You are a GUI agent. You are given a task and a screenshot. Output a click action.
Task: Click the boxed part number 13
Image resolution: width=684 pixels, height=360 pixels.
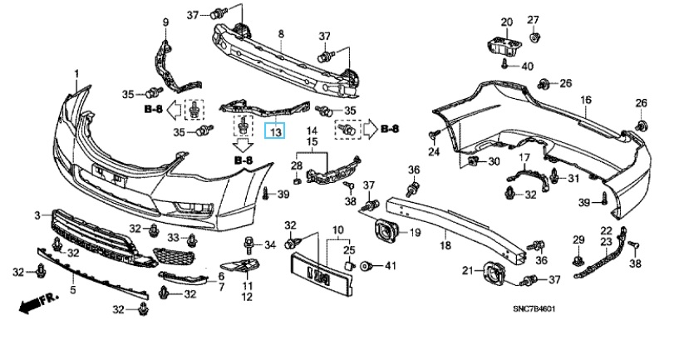coord(274,131)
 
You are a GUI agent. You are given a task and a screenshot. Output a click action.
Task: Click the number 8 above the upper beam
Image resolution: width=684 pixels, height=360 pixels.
coord(281,33)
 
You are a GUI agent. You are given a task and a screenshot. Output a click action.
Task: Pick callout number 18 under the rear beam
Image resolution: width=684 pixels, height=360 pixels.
coord(445,246)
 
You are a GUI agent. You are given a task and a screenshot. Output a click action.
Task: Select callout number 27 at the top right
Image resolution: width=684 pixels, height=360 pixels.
coord(534,19)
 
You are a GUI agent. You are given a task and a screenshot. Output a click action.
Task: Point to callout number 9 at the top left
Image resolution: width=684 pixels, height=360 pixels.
coord(165,21)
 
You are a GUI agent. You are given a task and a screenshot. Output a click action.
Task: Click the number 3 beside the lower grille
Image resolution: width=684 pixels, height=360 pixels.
coord(37,216)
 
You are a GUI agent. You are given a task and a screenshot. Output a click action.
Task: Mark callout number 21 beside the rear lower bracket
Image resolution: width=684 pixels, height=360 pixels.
coord(467,269)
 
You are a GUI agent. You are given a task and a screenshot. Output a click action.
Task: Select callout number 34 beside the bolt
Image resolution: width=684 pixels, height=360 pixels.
coord(269,244)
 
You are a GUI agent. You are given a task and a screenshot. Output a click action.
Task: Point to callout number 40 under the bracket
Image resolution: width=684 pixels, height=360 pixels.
coord(528,65)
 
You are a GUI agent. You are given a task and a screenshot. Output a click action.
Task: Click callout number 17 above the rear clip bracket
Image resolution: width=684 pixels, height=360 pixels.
coord(524,158)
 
